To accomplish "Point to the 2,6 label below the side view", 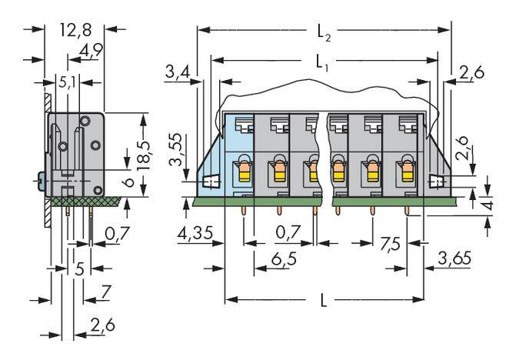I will [102, 327].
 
